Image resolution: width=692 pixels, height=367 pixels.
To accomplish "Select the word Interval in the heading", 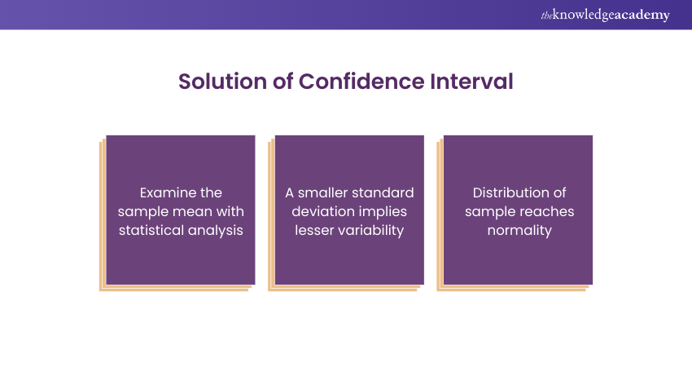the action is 471,82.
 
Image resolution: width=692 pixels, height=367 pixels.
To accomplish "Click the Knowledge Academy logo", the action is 605,15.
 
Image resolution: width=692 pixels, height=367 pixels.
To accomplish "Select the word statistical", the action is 151,230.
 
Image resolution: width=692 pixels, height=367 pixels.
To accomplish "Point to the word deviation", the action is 318,211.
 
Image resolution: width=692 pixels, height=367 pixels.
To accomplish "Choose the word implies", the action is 379,212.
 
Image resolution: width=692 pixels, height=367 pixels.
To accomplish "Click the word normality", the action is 519,231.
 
